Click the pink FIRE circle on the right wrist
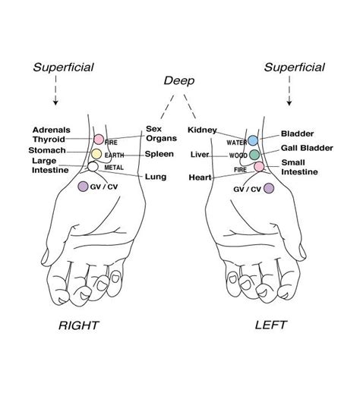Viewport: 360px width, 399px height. pos(98,140)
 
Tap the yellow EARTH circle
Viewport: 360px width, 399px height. pos(96,154)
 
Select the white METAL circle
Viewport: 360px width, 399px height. pos(93,167)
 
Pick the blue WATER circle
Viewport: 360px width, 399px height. pos(253,141)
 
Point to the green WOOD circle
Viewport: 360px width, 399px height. pos(255,155)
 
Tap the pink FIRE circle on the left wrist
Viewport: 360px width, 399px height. pos(259,167)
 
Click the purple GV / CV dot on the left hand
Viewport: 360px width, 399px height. pos(268,189)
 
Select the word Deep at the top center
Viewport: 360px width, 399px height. pos(180,80)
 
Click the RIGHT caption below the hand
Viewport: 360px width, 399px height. pos(79,325)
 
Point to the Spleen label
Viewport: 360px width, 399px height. pos(159,154)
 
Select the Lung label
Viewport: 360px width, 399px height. pos(155,177)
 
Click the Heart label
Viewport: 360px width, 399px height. pos(200,178)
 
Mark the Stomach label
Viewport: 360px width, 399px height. pos(48,150)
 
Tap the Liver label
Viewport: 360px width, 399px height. pos(199,155)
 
